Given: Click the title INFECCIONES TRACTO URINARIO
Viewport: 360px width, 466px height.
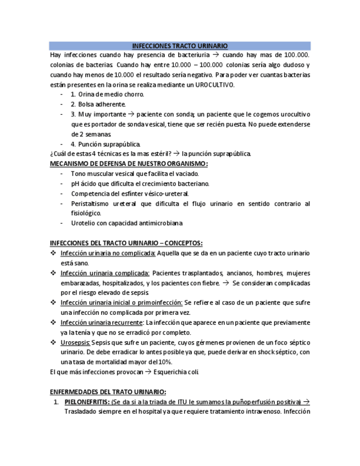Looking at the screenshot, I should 180,46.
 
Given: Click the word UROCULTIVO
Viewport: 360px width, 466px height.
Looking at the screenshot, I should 215,85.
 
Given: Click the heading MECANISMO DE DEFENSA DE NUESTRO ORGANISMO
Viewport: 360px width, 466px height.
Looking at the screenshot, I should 129,164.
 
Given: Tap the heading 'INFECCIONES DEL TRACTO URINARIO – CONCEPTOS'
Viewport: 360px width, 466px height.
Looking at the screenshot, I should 126,243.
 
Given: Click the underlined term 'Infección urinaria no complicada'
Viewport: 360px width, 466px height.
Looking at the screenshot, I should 108,253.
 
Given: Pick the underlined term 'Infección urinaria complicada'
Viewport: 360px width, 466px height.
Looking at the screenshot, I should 104,273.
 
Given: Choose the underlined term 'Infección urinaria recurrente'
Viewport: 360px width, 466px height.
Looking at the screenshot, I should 102,323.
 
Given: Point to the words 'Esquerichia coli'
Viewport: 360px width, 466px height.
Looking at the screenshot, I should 176,372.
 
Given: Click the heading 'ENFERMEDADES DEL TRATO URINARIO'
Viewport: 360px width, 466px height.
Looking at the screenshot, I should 108,391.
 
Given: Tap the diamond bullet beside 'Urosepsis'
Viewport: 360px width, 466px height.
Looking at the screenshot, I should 53,342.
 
